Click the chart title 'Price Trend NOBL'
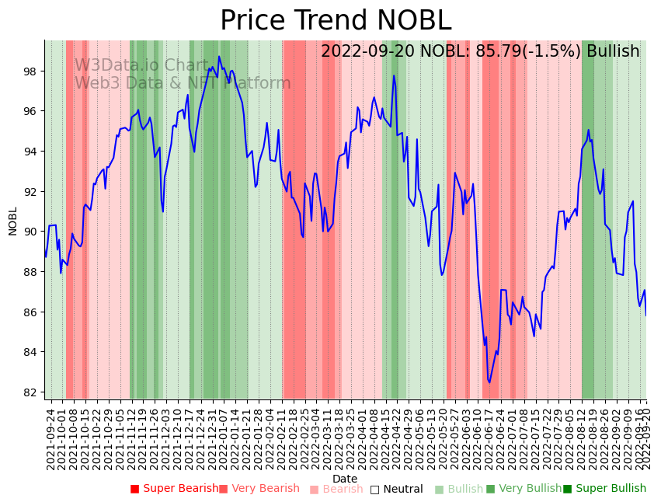pyautogui.click(x=335, y=20)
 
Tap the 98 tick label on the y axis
pyautogui.click(x=32, y=71)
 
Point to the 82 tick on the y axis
pyautogui.click(x=32, y=392)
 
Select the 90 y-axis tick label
pyautogui.click(x=32, y=232)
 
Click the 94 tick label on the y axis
pyautogui.click(x=32, y=152)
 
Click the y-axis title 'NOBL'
pyautogui.click(x=12, y=221)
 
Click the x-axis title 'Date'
pyautogui.click(x=345, y=479)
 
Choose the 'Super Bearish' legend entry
pyautogui.click(x=175, y=489)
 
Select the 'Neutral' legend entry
pyautogui.click(x=396, y=489)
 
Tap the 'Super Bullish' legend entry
pyautogui.click(x=604, y=489)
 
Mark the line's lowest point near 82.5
pyautogui.click(x=489, y=382)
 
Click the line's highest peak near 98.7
pyautogui.click(x=219, y=57)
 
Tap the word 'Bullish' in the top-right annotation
pyautogui.click(x=613, y=51)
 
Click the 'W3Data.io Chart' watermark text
pyautogui.click(x=141, y=66)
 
